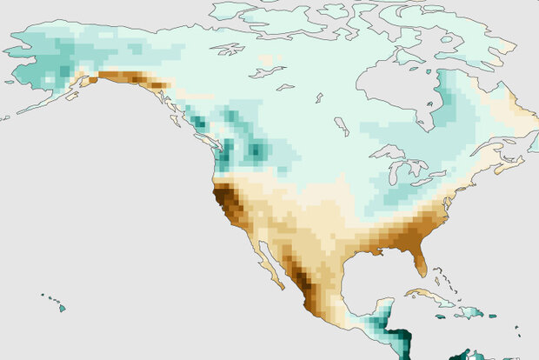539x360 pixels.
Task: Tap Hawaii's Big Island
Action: click(61, 307)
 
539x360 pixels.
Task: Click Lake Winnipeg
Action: click(342, 127)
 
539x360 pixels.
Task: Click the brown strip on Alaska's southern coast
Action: click(130, 79)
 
